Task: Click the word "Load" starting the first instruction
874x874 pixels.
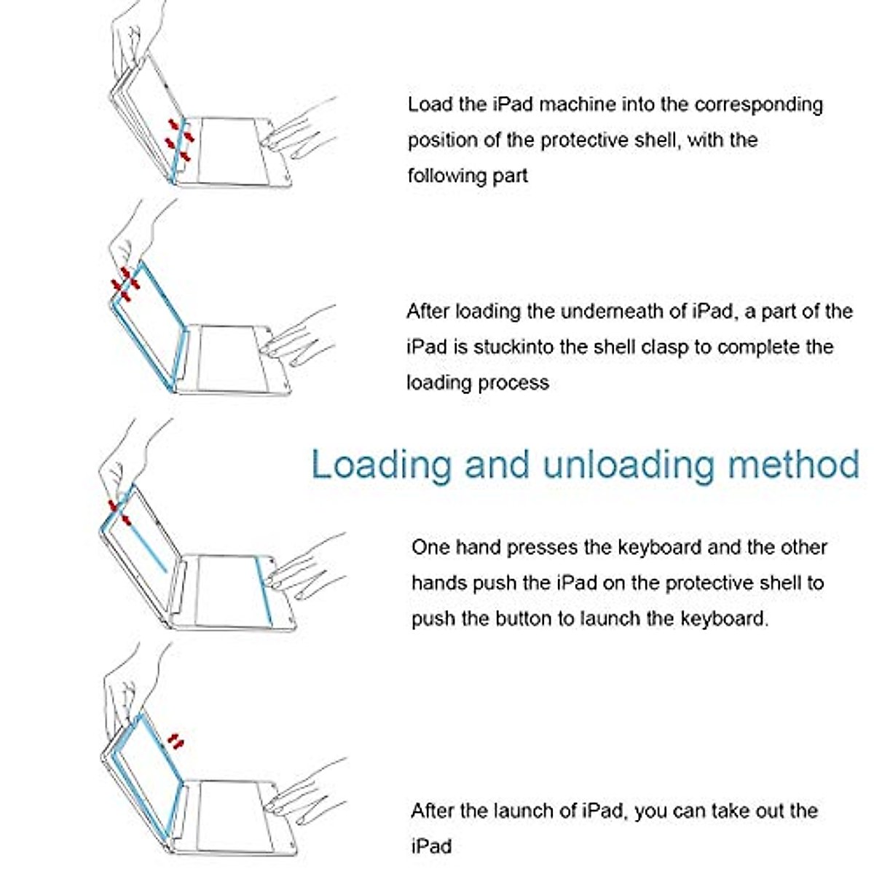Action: (x=430, y=104)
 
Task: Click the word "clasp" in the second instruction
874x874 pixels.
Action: (x=653, y=347)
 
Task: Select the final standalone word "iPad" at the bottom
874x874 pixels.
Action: (x=431, y=846)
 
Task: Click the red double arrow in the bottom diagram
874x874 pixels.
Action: (x=175, y=742)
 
